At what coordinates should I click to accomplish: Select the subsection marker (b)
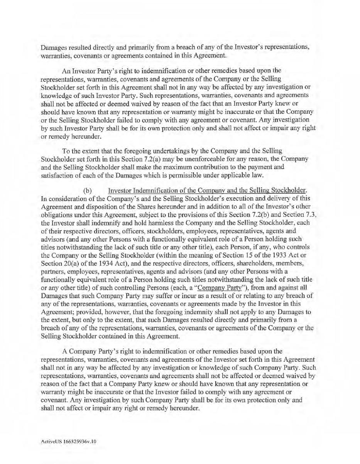(87, 191)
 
